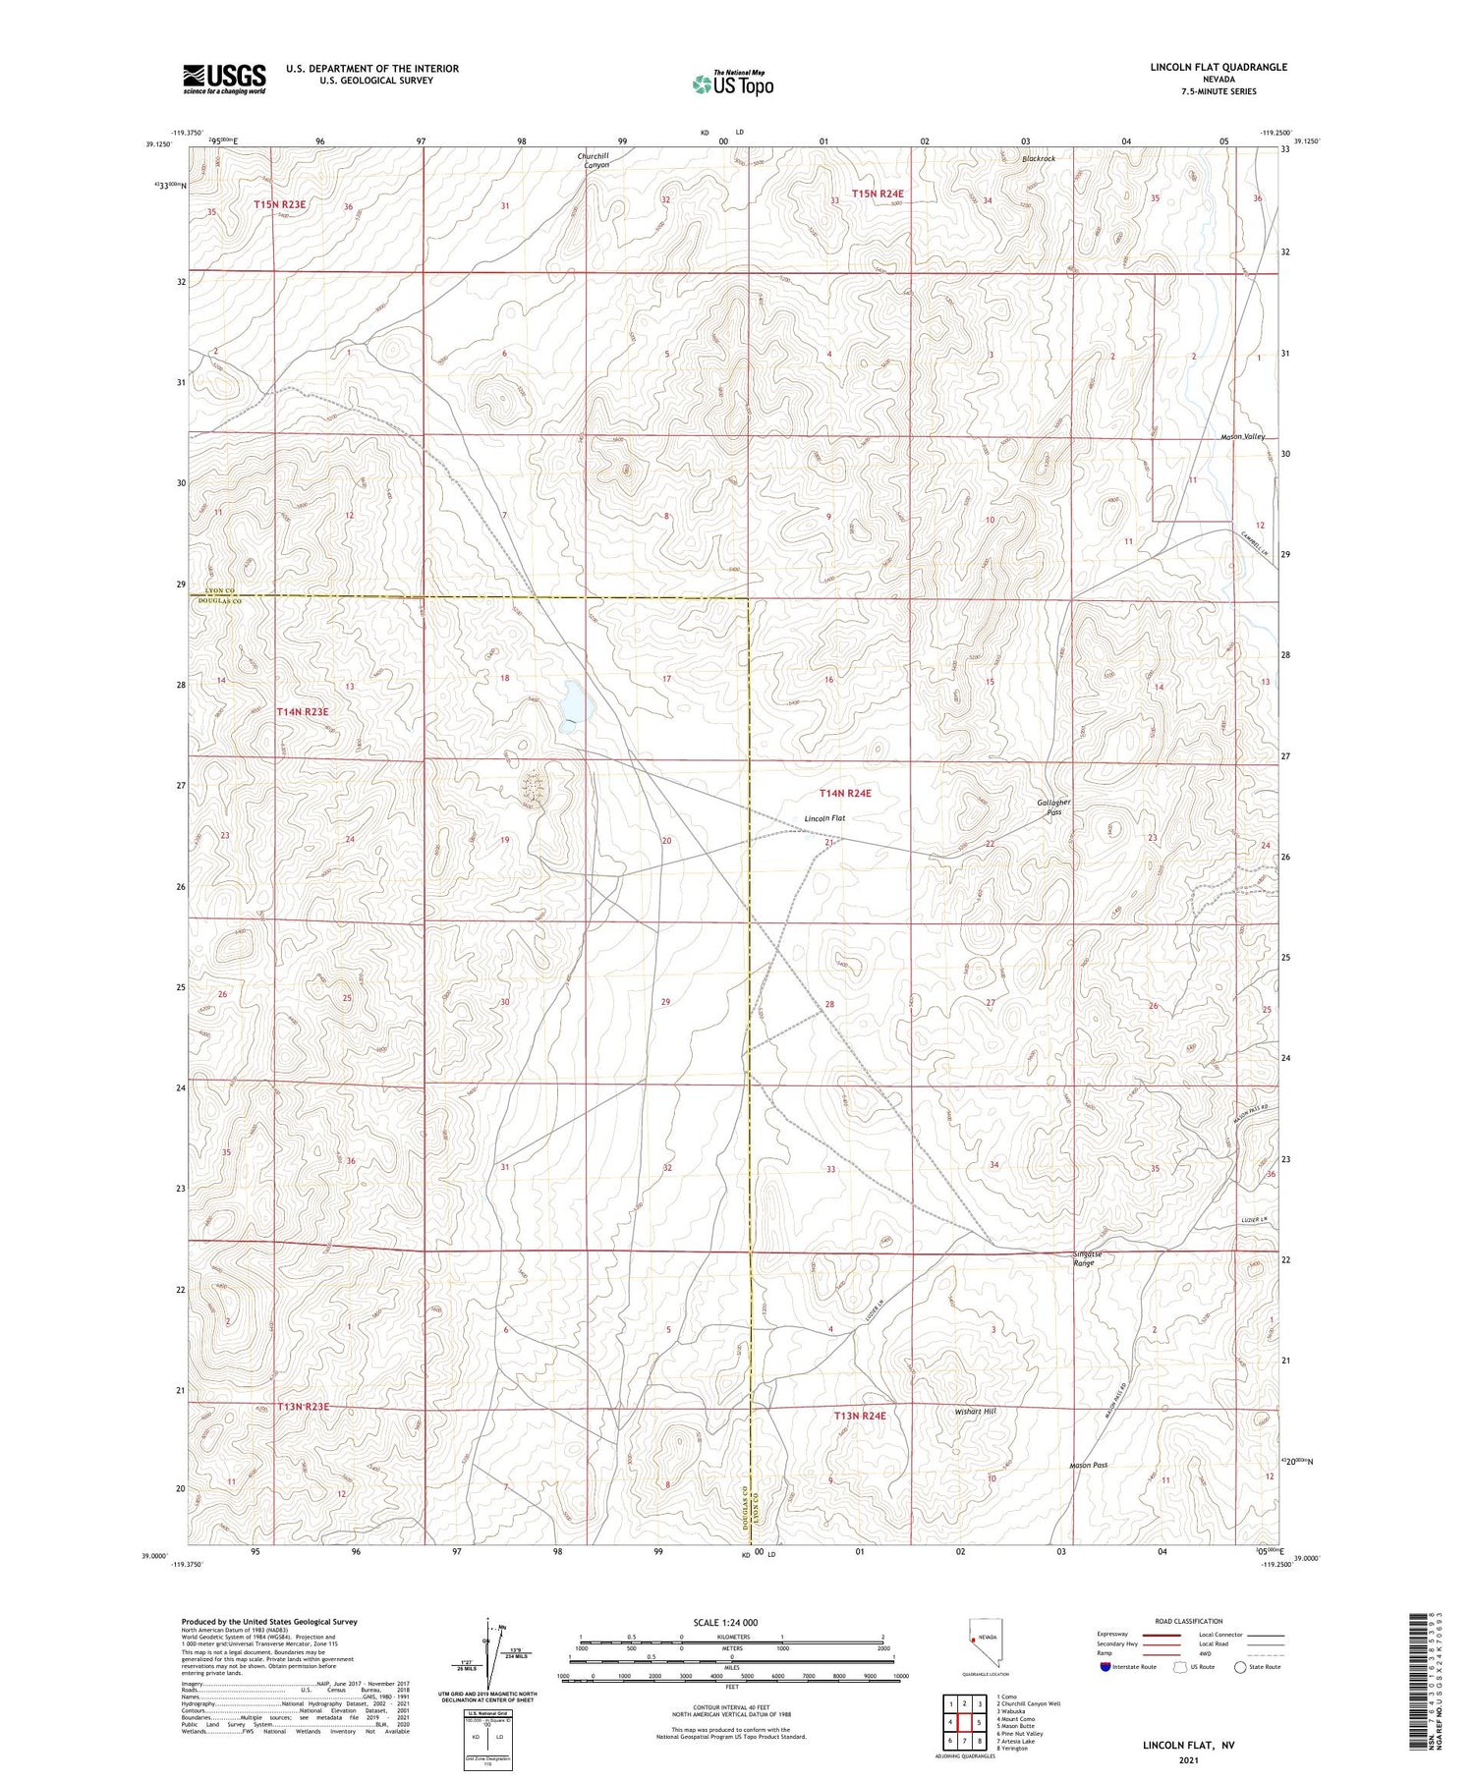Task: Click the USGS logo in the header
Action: [x=224, y=79]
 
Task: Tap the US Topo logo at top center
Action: [x=732, y=83]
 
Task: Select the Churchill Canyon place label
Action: [x=593, y=160]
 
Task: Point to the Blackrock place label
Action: [x=1038, y=158]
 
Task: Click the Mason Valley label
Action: [x=1242, y=436]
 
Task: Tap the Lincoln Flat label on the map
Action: [x=824, y=818]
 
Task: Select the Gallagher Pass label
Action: [x=1053, y=807]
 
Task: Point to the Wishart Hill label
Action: [x=975, y=1411]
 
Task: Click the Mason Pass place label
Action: [x=1088, y=1465]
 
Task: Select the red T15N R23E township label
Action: [x=280, y=204]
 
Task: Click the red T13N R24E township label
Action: [x=860, y=1416]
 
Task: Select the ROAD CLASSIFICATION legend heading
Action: [x=1189, y=1621]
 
